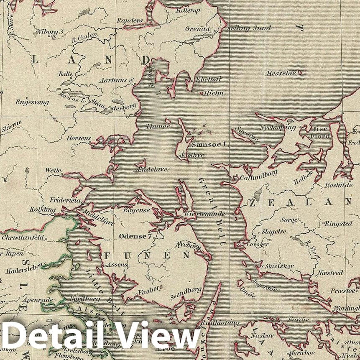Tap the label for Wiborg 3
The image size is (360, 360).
(x=50, y=31)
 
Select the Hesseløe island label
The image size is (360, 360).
(x=281, y=73)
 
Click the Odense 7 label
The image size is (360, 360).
(x=135, y=236)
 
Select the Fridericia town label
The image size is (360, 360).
(x=65, y=200)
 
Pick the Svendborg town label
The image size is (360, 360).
(x=186, y=293)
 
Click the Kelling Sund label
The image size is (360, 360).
(x=249, y=28)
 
